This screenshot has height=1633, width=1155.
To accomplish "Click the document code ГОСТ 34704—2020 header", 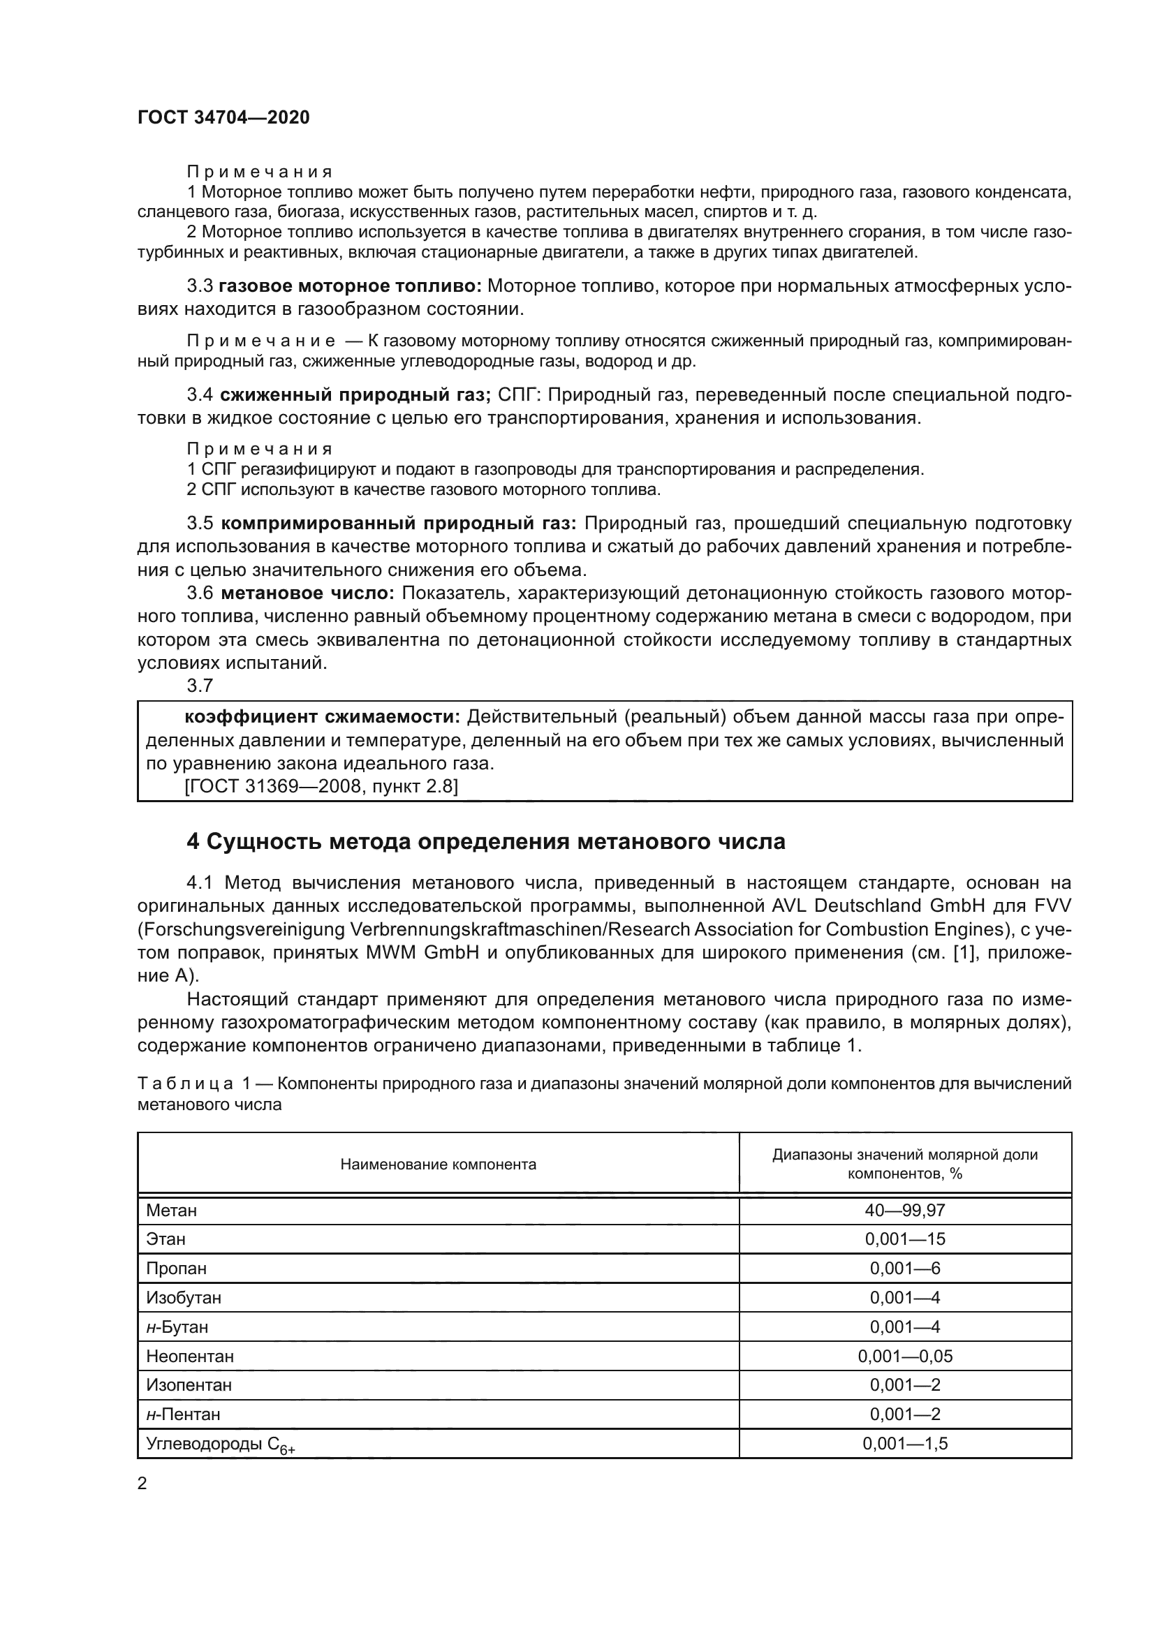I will pos(223,117).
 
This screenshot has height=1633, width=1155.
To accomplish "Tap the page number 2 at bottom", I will pos(142,1483).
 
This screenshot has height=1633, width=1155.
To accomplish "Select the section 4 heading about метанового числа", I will pos(485,841).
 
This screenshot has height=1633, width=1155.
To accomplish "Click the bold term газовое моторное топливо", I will pos(350,286).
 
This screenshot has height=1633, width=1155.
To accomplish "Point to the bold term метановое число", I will pos(307,593).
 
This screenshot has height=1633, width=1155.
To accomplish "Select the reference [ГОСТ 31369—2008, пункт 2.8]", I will pos(321,786).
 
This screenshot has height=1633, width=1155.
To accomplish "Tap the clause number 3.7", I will pos(200,686).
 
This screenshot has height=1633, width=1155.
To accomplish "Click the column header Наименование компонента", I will pos(438,1165).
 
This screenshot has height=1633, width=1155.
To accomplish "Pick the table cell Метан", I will pos(171,1211).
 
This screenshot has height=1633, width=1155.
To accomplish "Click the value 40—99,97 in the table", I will pos(904,1211).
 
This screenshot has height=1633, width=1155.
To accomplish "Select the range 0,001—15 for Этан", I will pos(904,1240).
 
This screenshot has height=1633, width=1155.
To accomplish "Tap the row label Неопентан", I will pos(190,1357).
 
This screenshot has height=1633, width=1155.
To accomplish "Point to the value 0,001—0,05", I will pos(904,1357).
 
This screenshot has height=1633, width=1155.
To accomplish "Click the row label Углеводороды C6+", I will pos(221,1444).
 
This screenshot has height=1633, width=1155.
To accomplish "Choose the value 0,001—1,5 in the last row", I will pos(904,1444).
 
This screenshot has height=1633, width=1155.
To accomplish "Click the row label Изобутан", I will pos(184,1298).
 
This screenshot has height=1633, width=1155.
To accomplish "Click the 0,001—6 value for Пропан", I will pos(904,1269).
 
